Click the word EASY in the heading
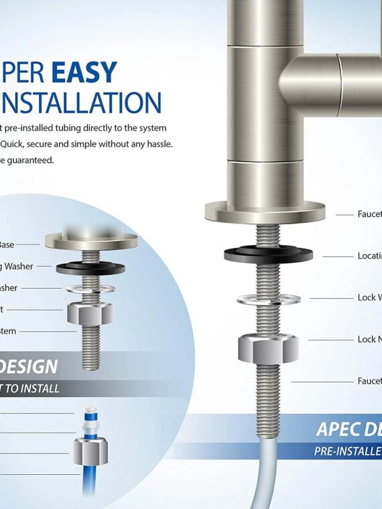pyautogui.click(x=85, y=73)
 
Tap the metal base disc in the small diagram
pyautogui.click(x=90, y=239)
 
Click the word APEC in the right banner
pyautogui.click(x=339, y=430)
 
